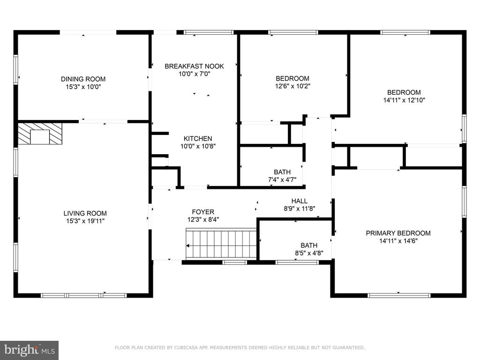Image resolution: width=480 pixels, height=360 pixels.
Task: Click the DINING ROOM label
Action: click(83, 79)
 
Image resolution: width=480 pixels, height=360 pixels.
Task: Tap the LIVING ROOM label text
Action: click(85, 213)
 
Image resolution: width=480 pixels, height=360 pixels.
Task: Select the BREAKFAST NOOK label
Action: click(195, 66)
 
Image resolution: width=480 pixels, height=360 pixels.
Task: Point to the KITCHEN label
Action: click(198, 138)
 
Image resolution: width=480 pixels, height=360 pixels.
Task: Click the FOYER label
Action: click(203, 212)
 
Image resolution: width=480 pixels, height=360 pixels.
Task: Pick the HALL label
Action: click(300, 201)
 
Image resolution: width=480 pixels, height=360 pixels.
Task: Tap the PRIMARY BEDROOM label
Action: click(398, 233)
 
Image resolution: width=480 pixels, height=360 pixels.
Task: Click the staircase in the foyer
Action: click(221, 243)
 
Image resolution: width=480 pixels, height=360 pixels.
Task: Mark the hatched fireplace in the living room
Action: click(40, 134)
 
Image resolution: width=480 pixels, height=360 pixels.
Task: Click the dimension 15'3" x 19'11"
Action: click(85, 221)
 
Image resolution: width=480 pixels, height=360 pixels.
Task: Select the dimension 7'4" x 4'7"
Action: click(282, 180)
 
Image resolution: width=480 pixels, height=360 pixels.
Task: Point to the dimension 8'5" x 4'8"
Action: click(309, 253)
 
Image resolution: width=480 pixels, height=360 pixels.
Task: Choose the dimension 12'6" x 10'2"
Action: click(292, 86)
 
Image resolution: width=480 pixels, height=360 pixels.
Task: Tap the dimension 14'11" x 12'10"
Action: click(404, 100)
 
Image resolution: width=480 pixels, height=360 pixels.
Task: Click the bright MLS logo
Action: click(30, 350)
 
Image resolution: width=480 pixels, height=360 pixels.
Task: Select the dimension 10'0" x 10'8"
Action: click(198, 146)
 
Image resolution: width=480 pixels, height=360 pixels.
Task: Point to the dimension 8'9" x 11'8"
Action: click(300, 209)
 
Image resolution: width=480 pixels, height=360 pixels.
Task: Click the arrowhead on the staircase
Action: click(187, 246)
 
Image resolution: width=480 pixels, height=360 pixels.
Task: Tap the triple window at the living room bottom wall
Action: click(83, 295)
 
